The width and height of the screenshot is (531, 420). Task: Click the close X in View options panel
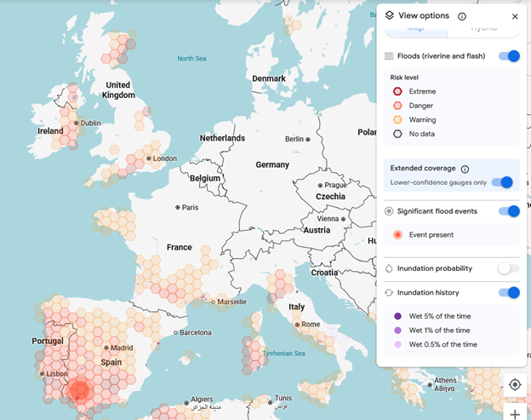[x=515, y=16]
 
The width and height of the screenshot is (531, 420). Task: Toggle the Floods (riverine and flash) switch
[x=509, y=56]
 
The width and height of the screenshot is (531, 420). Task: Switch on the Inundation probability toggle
[x=508, y=268]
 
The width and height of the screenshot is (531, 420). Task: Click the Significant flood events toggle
[x=509, y=211]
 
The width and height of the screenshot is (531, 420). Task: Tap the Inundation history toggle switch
[x=509, y=293]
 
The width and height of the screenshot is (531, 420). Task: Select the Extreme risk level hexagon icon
[x=397, y=91]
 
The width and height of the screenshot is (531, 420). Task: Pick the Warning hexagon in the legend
[x=397, y=119]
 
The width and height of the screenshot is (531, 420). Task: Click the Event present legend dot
[x=397, y=234]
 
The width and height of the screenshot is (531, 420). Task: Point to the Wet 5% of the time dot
[x=397, y=316]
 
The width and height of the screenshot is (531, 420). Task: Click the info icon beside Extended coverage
[x=465, y=169]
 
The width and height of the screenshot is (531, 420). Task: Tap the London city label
[x=164, y=158]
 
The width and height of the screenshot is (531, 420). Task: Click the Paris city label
[x=191, y=207]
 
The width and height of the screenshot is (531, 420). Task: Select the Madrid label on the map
[x=122, y=348]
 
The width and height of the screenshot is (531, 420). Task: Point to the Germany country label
[x=272, y=164]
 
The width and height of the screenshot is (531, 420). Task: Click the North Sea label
[x=191, y=59]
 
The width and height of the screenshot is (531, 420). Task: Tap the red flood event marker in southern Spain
[x=79, y=390]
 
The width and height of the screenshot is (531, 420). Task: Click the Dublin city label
[x=90, y=123]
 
